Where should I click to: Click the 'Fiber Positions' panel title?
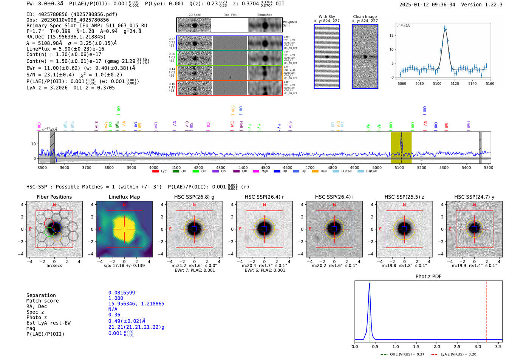pyautogui.click(x=54, y=197)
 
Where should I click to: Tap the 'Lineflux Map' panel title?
pyautogui.click(x=124, y=197)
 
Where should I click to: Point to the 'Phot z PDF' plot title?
pyautogui.click(x=428, y=277)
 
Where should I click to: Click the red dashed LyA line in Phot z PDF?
pyautogui.click(x=486, y=310)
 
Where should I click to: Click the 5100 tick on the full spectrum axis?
pyautogui.click(x=399, y=167)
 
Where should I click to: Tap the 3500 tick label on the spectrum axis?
pyautogui.click(x=42, y=167)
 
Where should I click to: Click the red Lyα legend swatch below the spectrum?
pyautogui.click(x=155, y=172)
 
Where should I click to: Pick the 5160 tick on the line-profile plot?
pyautogui.click(x=490, y=83)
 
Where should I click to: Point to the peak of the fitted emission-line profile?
pyautogui.click(x=445, y=28)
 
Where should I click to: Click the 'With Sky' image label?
pyautogui.click(x=327, y=17)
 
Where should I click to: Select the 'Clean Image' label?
pyautogui.click(x=365, y=17)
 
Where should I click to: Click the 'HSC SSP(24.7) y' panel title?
pyautogui.click(x=474, y=197)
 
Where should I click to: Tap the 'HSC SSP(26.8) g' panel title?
pyautogui.click(x=194, y=197)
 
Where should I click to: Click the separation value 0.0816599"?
pyautogui.click(x=123, y=293)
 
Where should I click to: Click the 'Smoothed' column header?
pyautogui.click(x=264, y=15)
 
